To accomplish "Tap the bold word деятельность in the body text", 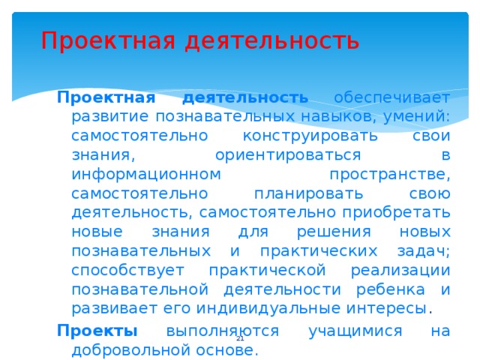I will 245,98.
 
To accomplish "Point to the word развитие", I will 109,117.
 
